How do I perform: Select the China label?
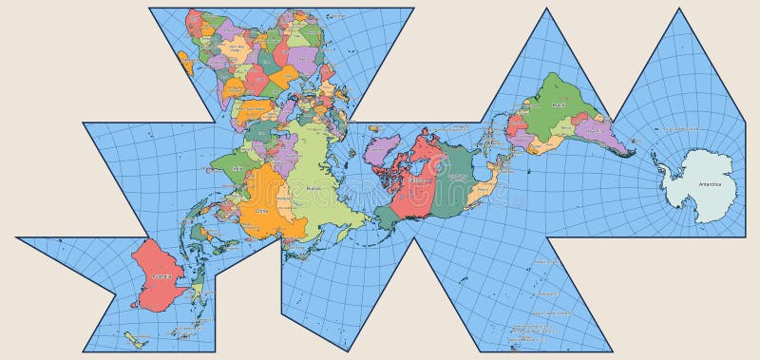[261, 211]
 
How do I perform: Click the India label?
[237, 167]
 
